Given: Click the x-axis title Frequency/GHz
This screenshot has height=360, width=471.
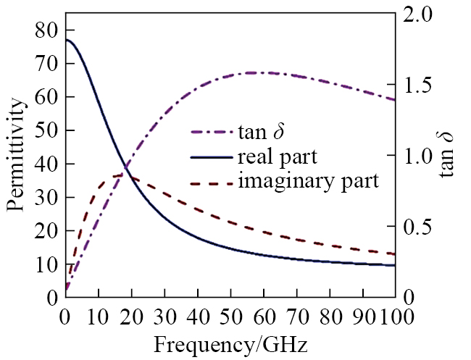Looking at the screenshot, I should point(230,344).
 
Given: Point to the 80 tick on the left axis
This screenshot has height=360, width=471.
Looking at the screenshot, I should point(46,30).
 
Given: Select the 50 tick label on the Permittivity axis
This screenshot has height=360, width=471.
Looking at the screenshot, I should point(46,130).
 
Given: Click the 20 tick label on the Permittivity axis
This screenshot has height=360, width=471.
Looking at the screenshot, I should point(46,231).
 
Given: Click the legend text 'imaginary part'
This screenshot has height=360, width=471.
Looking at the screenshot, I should point(308,180).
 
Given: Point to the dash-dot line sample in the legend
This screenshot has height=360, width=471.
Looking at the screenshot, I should point(212,133).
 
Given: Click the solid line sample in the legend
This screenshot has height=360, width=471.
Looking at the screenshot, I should point(212,156).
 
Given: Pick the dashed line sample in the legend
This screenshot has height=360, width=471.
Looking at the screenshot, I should point(212,181).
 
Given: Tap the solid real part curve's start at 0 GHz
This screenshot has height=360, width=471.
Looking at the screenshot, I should point(65,39).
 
